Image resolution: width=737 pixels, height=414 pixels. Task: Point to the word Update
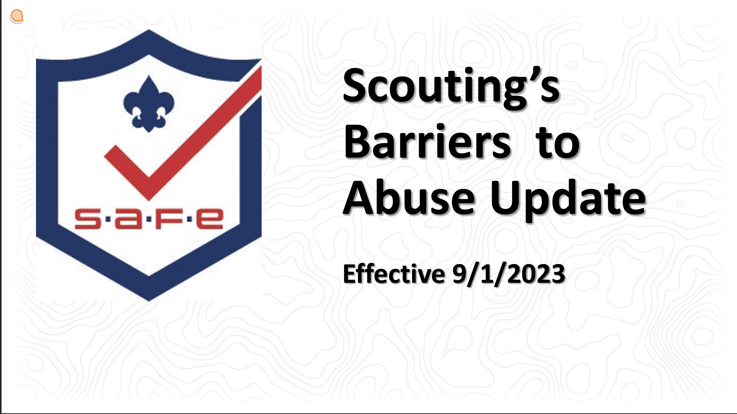coord(568,200)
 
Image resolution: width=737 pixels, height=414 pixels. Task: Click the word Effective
coord(394,274)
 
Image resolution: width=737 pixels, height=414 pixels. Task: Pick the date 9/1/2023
coord(509,274)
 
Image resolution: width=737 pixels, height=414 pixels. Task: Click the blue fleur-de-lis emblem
coord(149,104)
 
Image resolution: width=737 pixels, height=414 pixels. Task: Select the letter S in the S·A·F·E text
coord(88,219)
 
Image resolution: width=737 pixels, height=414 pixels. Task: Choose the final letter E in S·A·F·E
coord(210,219)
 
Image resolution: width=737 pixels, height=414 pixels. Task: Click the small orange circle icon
coord(17,16)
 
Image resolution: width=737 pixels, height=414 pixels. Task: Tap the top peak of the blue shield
coord(149,30)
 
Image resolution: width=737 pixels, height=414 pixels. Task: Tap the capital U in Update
coord(505,197)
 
